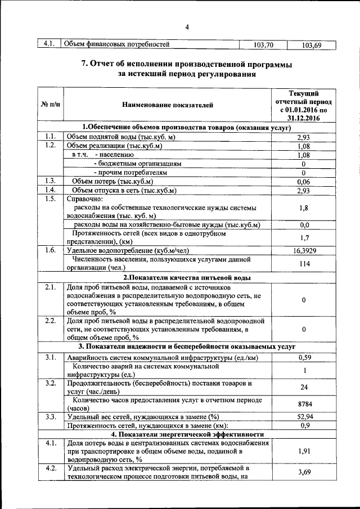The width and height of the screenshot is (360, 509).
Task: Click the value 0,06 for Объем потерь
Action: pos(304,182)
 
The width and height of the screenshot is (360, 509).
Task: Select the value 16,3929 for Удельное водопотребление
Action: pos(304,251)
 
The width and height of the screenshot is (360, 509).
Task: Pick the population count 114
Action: pos(304,264)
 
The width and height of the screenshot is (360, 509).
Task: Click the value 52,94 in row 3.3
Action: pos(304,417)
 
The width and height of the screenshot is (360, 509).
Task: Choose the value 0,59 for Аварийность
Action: pos(304,357)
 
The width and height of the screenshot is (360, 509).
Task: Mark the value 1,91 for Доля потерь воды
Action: pos(304,451)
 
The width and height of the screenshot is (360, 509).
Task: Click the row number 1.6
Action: pos(50,250)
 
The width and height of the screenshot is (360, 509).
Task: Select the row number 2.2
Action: pos(50,321)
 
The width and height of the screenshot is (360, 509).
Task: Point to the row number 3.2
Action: pos(50,384)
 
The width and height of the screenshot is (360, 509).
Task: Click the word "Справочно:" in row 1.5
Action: pos(85,200)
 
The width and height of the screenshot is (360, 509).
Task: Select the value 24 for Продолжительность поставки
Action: pos(304,388)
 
